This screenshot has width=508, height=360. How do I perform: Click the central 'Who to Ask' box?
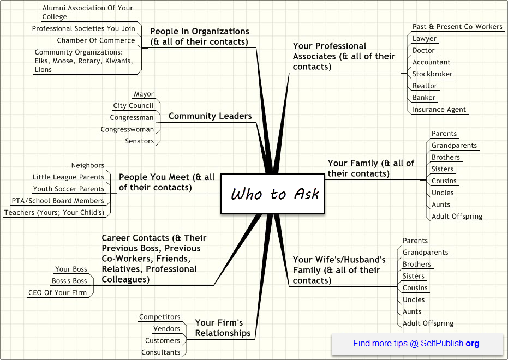[x=273, y=194]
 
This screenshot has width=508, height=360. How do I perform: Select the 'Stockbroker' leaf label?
[x=432, y=74]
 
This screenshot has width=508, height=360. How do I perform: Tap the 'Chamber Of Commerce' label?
[x=96, y=40]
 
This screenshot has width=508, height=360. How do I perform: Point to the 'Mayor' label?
[x=144, y=94]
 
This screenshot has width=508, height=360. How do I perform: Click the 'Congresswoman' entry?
[x=127, y=129]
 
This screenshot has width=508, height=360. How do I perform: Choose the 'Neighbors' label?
[x=88, y=165]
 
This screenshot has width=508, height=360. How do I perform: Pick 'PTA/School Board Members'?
[x=58, y=201]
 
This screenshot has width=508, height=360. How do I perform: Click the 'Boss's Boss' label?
[x=69, y=281]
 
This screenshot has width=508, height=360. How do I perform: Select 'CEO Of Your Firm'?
[x=58, y=293]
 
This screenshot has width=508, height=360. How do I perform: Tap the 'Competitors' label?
[x=160, y=317]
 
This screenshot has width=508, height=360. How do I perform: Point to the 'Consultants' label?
[x=160, y=352]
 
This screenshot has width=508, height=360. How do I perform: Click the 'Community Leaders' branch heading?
[x=210, y=116]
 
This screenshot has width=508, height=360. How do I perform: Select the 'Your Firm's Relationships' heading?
[x=223, y=328]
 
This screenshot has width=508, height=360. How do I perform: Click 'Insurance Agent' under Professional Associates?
[x=439, y=110]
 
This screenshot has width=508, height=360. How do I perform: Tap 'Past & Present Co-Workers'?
[x=457, y=27]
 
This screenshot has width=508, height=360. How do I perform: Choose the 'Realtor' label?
[x=425, y=86]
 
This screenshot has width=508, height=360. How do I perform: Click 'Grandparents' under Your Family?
[x=454, y=145]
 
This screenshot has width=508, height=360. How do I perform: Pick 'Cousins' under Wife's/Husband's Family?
[x=415, y=288]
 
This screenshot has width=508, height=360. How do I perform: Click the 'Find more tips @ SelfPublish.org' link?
[x=416, y=343]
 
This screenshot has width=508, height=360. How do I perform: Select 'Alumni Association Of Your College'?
[x=87, y=13]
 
